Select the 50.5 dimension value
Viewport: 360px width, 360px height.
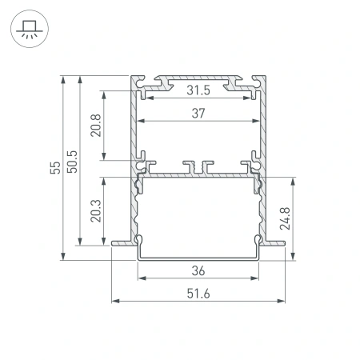(71, 161)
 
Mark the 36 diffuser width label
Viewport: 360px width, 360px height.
(199, 270)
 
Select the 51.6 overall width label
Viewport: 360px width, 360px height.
(199, 294)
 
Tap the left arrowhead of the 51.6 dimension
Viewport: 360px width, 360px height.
(114, 302)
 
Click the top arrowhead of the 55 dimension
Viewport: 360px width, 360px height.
(62, 79)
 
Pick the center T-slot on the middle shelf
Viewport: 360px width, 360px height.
(198, 166)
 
